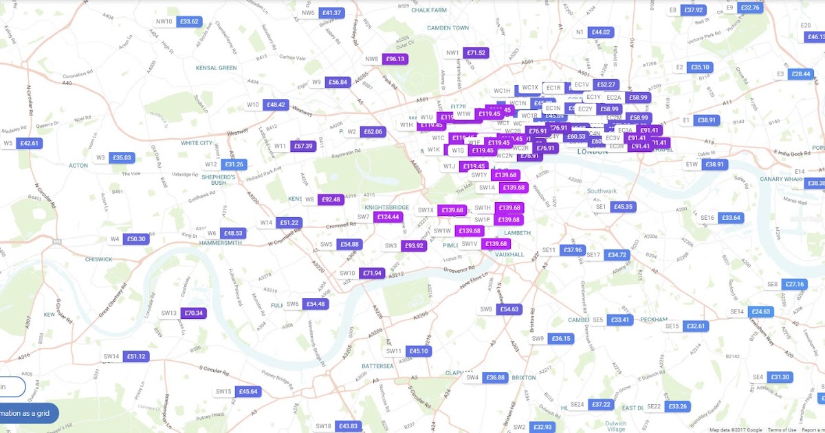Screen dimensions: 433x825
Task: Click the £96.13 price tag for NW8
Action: coord(395,59)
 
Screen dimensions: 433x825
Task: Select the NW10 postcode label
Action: coord(164,21)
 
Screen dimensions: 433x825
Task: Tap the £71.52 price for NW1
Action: coord(476,53)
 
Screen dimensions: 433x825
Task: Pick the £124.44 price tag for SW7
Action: coord(388,217)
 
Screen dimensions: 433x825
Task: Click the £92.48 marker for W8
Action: coord(331,199)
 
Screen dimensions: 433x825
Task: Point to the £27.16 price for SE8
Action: coord(794,284)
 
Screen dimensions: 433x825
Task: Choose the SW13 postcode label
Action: coord(169,313)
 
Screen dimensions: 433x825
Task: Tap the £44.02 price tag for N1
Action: coord(601,32)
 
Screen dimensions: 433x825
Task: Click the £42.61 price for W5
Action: coord(30,143)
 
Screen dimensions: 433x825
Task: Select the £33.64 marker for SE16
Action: coord(731,218)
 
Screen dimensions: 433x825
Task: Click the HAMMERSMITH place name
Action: coord(220,243)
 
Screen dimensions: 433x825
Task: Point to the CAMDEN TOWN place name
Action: coord(448,28)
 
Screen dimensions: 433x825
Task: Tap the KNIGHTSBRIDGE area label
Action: coord(387,206)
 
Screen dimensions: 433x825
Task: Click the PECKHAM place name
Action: coord(653,320)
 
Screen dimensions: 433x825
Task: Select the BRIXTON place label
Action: coord(524,377)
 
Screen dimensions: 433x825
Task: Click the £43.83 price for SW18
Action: coord(349,426)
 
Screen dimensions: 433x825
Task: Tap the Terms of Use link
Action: coord(782,430)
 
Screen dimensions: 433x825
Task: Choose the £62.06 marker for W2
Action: coord(372,131)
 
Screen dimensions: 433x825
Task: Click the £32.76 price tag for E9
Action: coord(750,8)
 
